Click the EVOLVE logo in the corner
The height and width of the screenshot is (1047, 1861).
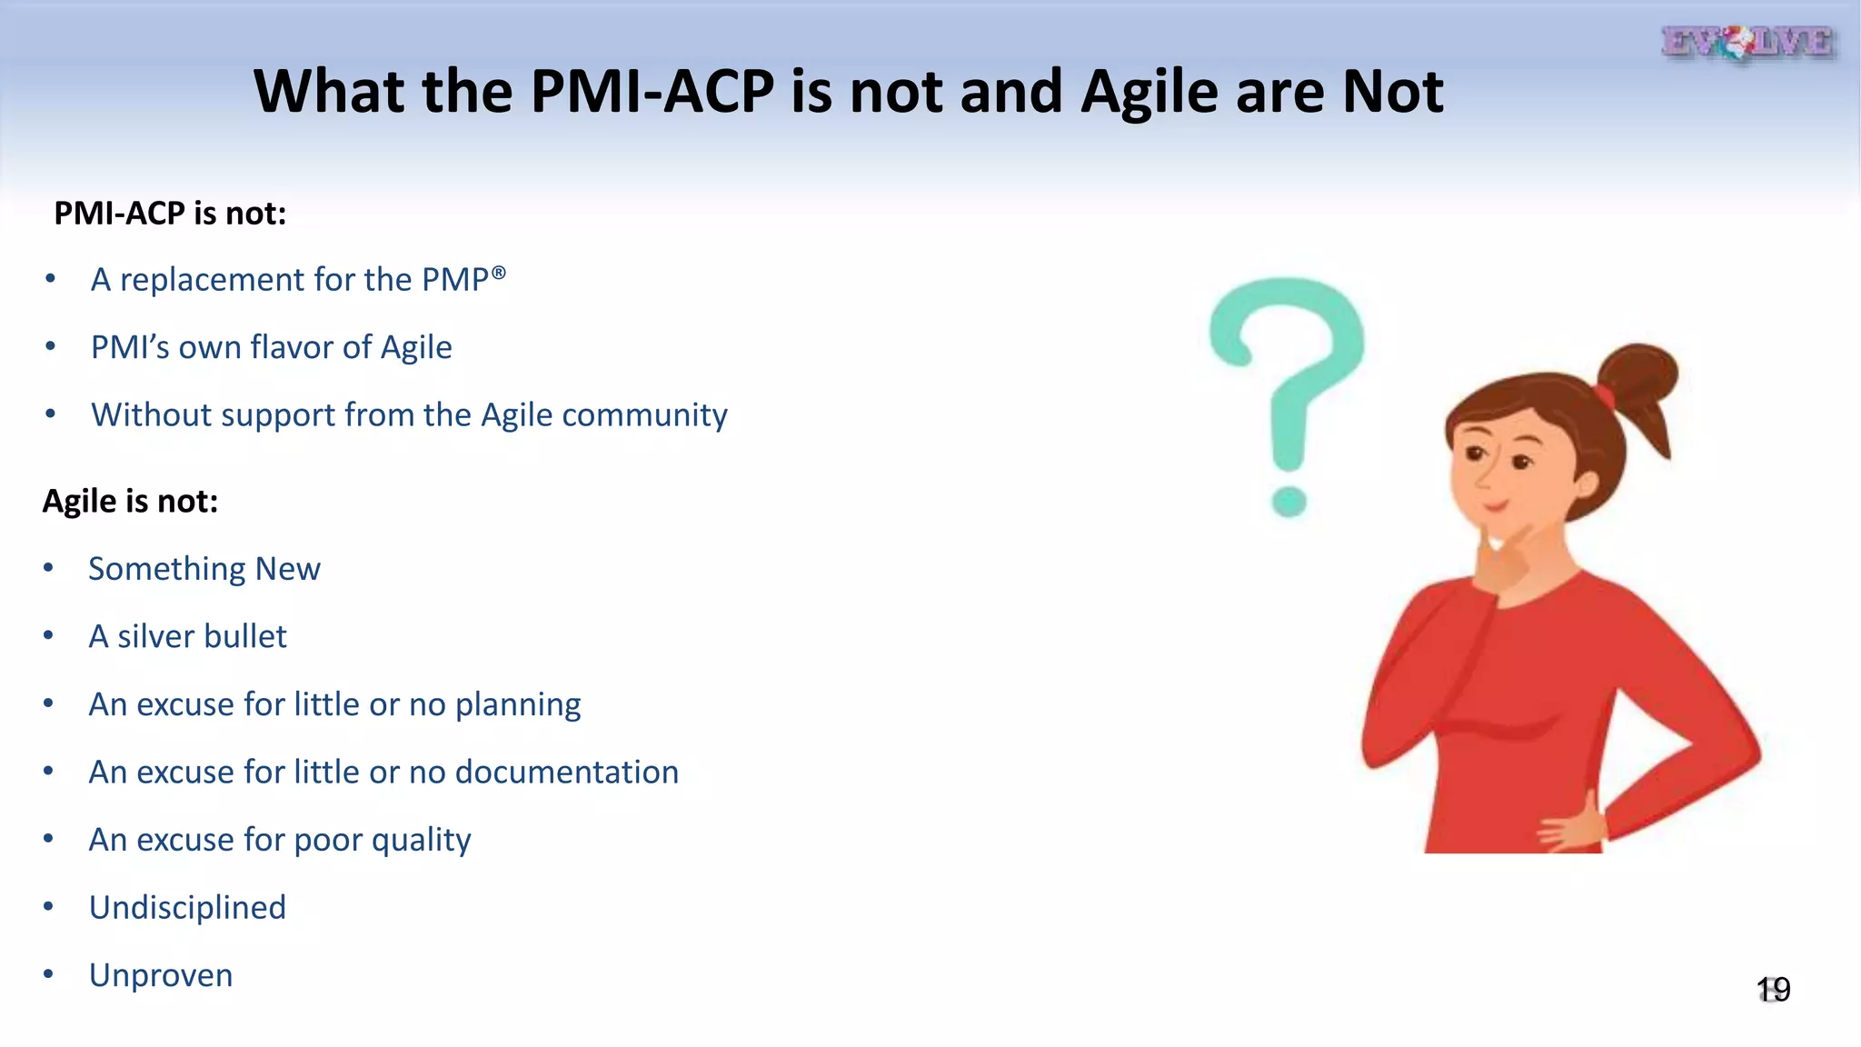tap(1747, 43)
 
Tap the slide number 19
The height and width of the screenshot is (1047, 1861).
tap(1773, 989)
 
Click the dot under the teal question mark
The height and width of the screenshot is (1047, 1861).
tap(1289, 501)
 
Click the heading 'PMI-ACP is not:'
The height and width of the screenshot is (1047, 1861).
tap(170, 214)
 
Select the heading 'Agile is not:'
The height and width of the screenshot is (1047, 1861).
tap(130, 501)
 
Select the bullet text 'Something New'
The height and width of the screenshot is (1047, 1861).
tap(204, 569)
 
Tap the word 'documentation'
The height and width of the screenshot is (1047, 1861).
tap(566, 772)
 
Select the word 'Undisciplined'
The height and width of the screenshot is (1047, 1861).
tap(187, 907)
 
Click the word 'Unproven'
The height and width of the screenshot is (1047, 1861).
tap(161, 975)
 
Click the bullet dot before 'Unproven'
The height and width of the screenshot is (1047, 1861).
tap(48, 974)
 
